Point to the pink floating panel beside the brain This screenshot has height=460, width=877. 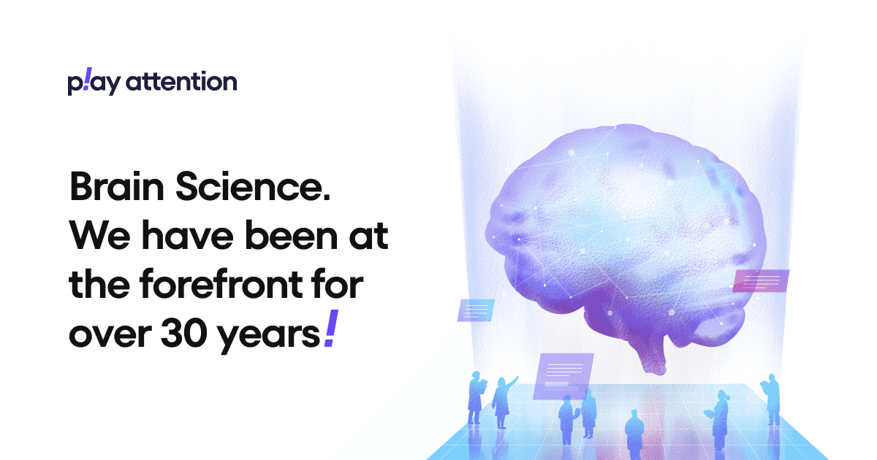pyautogui.click(x=761, y=280)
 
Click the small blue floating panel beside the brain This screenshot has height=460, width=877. pyautogui.click(x=476, y=310)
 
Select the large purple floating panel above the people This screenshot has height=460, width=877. pyautogui.click(x=563, y=376)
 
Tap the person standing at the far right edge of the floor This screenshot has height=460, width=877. pyautogui.click(x=772, y=397)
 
